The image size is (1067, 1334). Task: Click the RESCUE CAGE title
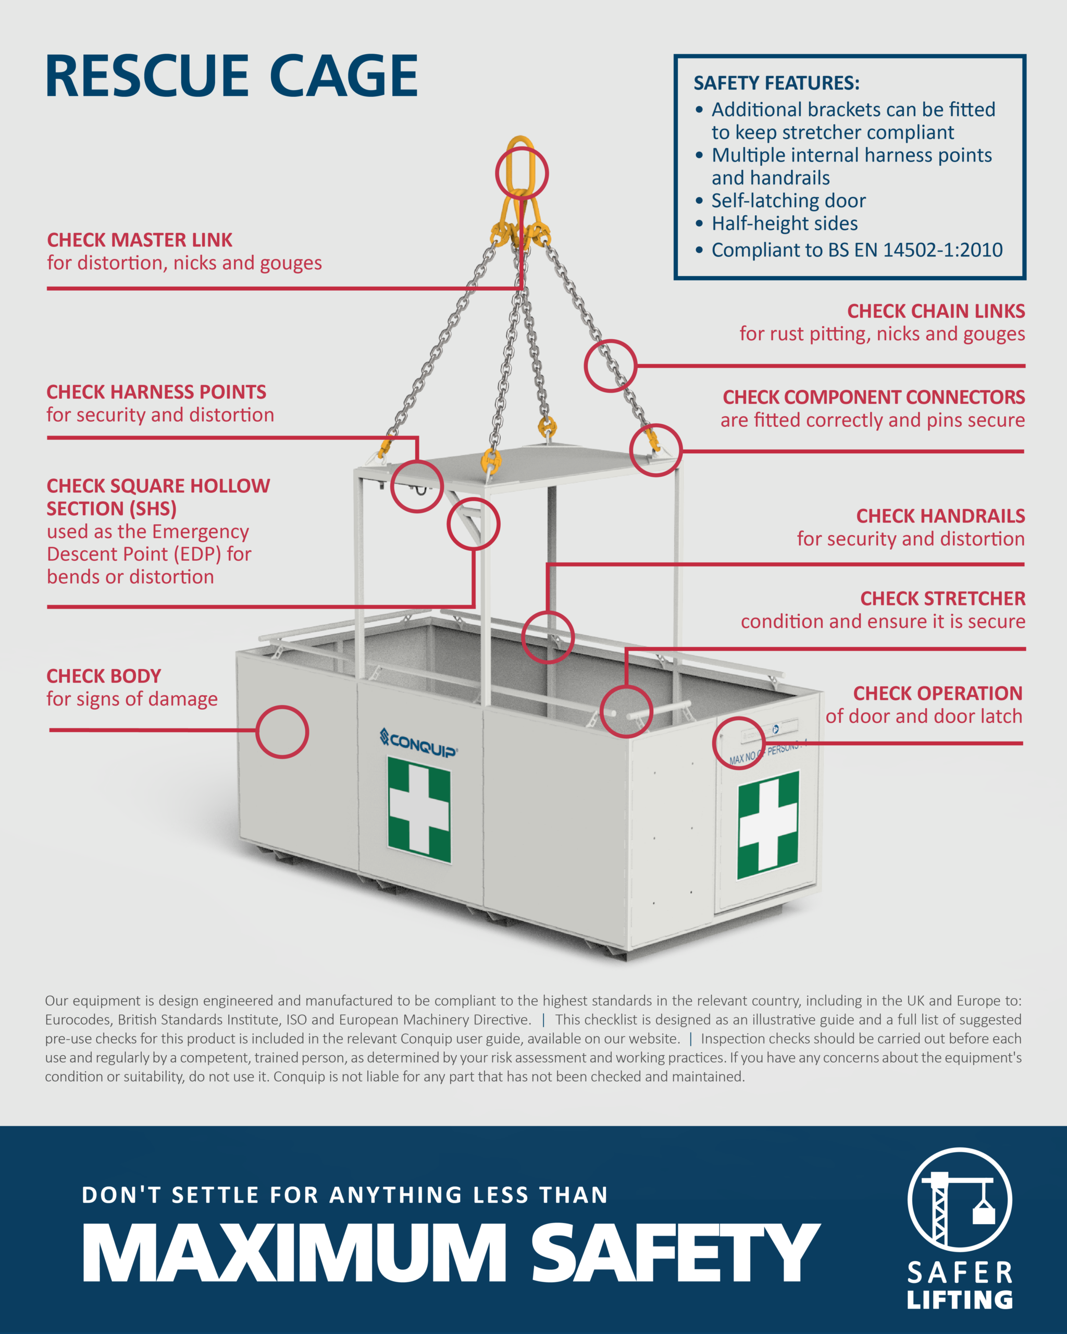(x=231, y=76)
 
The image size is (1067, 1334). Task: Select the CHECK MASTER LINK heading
(x=140, y=240)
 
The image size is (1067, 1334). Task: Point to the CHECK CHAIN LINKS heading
(x=935, y=311)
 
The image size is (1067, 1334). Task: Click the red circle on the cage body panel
(x=282, y=732)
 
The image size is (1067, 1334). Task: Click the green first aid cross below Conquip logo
(x=419, y=809)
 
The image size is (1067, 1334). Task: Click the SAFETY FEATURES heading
(x=776, y=83)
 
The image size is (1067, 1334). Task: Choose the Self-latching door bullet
(x=788, y=201)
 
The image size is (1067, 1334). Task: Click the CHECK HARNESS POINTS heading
(x=156, y=392)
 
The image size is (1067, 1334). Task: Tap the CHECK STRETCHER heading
(x=942, y=598)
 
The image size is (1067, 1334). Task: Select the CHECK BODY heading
(x=104, y=676)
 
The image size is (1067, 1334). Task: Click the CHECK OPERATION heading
(x=937, y=693)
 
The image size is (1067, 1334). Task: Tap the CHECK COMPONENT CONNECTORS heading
(x=873, y=397)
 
